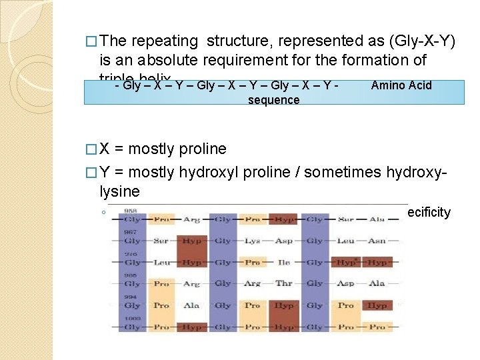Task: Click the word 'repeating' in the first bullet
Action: (170, 42)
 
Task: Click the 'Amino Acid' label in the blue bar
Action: (401, 85)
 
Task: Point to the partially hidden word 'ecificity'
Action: (429, 213)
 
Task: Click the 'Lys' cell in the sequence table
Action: (252, 241)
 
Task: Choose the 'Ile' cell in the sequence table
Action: (284, 263)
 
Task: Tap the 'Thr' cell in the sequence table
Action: (284, 284)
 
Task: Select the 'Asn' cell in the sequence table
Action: (377, 241)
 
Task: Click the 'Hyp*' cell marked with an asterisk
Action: (347, 263)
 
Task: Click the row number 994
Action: (131, 297)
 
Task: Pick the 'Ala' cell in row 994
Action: (192, 305)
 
